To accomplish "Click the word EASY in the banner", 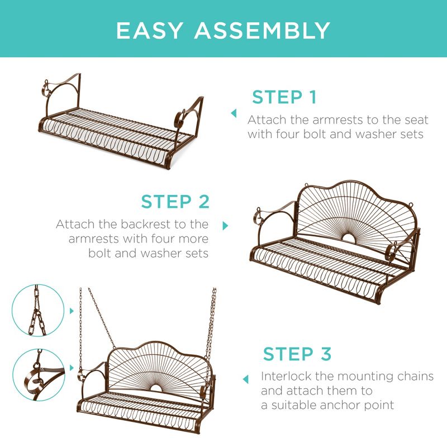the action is pos(149,30).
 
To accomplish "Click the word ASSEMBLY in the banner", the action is pos(262,30).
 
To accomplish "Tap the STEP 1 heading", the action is pos(284,97).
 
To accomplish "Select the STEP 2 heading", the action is pos(175,202).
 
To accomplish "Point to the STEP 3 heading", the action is pos(297,354).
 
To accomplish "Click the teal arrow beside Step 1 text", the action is pos(234,113).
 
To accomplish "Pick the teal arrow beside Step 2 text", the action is pos(225,226).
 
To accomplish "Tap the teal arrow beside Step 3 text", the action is pos(245,379).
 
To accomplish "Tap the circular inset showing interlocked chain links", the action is pos(38,310).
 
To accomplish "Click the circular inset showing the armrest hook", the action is pos(39,375).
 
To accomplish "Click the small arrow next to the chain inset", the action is pos(72,311).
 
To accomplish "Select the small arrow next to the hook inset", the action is pos(72,368).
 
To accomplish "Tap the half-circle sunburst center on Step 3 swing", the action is pos(156,388).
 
